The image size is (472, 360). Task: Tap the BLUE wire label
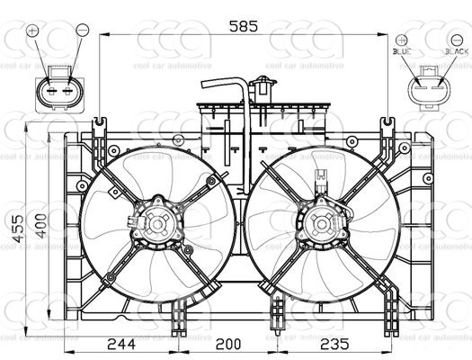coord(401,53)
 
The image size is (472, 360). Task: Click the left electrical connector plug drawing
coord(56,90)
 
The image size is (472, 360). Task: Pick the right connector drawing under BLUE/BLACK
coord(428,90)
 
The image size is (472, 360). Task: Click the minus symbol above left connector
coord(80,31)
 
